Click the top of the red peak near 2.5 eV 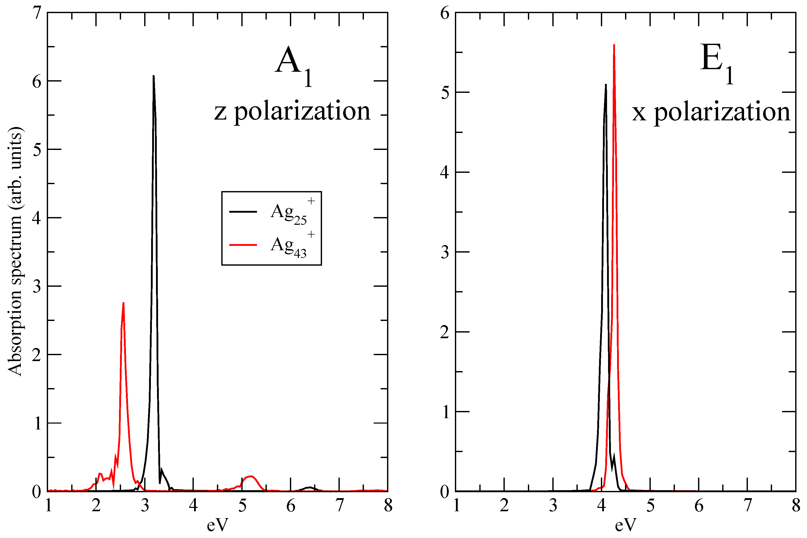pos(123,303)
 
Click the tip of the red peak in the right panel pos(614,45)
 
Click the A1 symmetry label pos(293,65)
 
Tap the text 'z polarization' pos(292,112)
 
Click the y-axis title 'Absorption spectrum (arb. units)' pos(15,251)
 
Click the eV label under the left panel pos(217,525)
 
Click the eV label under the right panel pos(625,525)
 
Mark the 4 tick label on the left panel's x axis pos(193,506)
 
